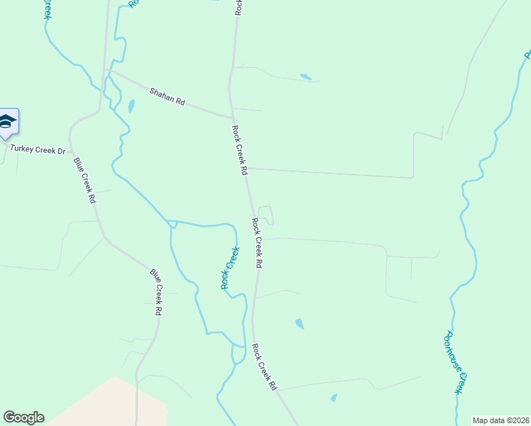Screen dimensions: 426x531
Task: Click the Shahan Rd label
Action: point(168,97)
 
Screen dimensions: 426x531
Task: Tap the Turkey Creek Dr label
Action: point(37,151)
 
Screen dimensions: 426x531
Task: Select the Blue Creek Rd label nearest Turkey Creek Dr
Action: point(84,180)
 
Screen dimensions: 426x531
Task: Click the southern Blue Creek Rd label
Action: point(158,291)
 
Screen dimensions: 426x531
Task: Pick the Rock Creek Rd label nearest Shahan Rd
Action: point(240,151)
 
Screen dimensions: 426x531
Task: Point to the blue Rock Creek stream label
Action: point(230,268)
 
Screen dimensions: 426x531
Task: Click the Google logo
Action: point(23,417)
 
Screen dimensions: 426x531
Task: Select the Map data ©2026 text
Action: point(500,420)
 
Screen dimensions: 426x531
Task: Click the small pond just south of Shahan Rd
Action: point(131,106)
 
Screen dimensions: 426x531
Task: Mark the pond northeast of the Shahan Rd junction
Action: point(305,77)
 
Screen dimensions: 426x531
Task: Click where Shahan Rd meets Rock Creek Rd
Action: point(232,117)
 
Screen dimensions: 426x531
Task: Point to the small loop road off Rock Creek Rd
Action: point(265,215)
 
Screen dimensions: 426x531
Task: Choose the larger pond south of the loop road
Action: point(300,324)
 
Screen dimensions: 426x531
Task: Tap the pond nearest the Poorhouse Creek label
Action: point(334,398)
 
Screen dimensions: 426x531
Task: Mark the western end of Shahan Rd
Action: point(106,70)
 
